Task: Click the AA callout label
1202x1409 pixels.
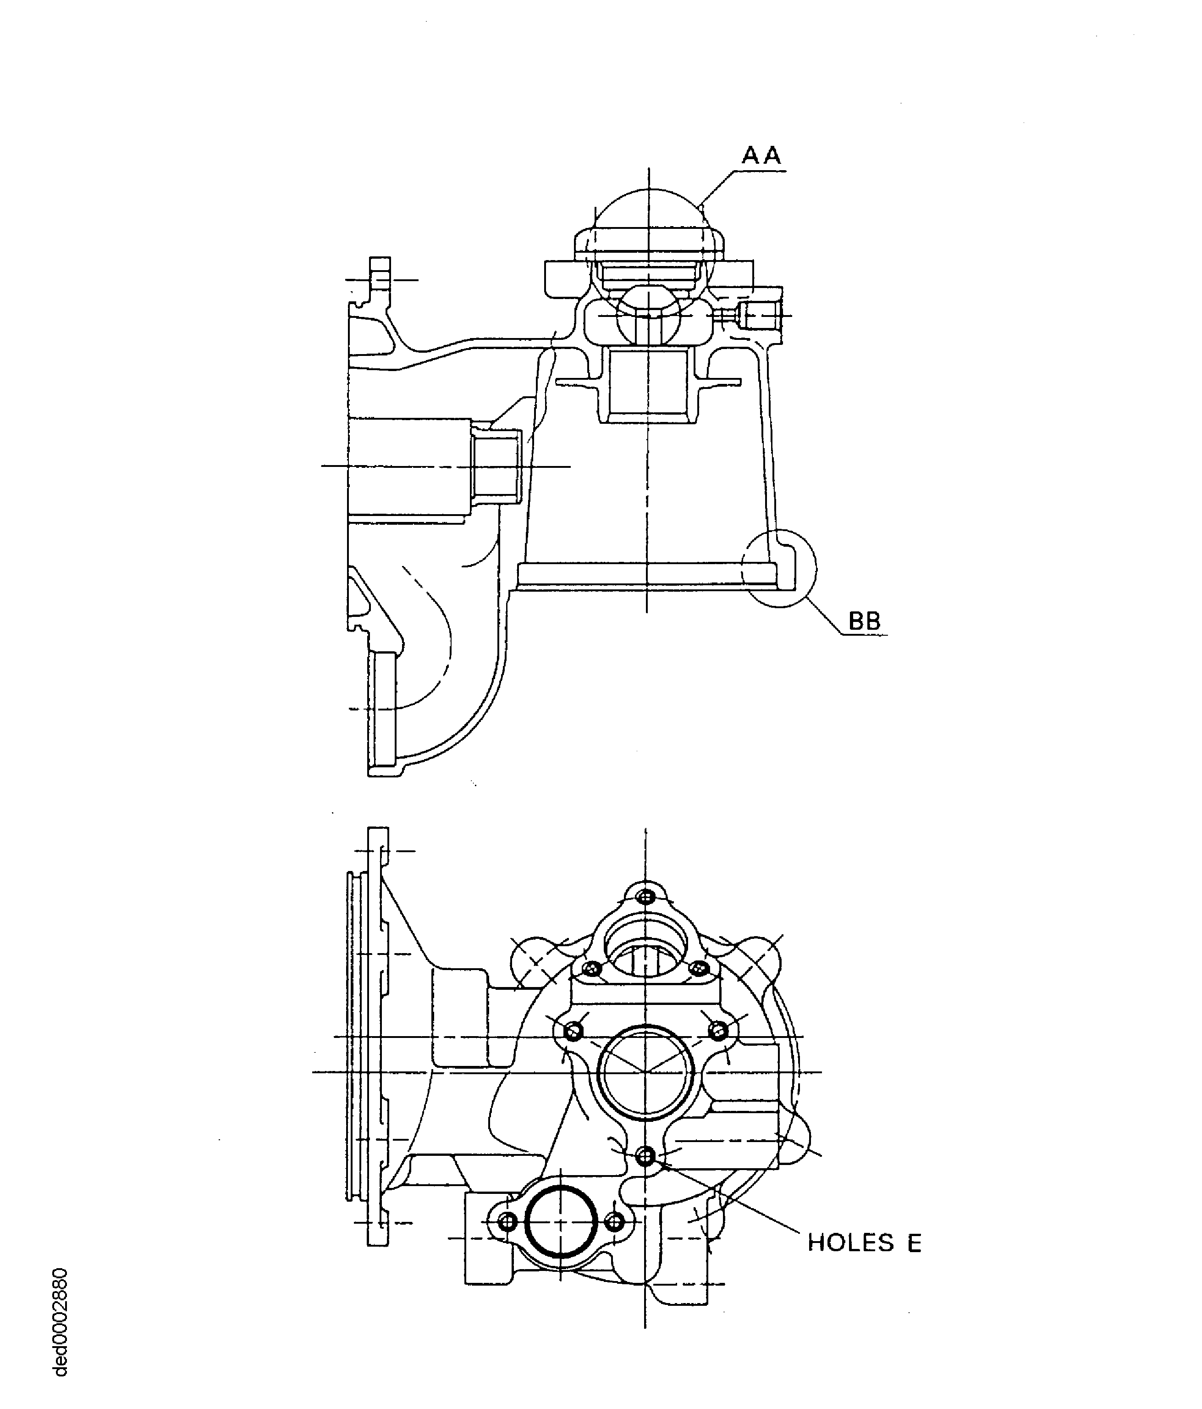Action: pos(761,156)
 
